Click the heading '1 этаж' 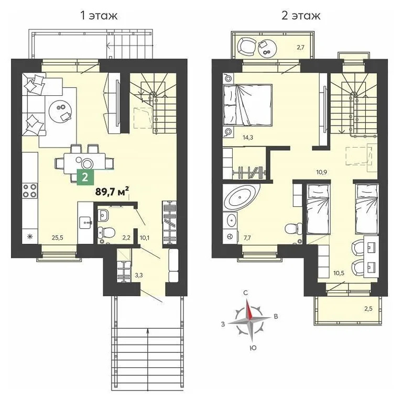coord(98,16)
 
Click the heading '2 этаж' coord(300,16)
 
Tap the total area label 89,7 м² coord(112,192)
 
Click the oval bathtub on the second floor coord(241,199)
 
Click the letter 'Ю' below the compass coord(252,347)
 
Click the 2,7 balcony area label coord(301,48)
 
